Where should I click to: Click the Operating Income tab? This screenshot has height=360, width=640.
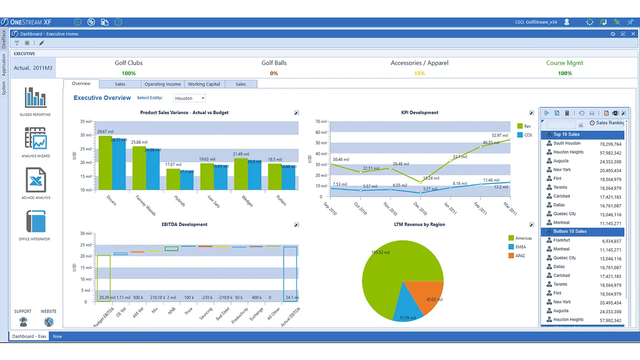(162, 84)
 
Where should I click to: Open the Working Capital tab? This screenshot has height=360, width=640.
(204, 84)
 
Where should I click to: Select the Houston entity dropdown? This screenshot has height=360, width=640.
(189, 98)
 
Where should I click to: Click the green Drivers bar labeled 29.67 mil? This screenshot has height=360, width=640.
(105, 162)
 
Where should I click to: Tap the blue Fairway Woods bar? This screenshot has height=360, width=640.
(152, 169)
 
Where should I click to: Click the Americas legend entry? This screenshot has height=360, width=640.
(523, 238)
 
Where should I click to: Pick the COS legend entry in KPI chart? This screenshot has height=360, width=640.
(527, 135)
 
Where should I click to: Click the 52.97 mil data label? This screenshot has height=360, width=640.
(499, 135)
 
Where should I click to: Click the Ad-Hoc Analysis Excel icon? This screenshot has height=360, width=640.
(35, 180)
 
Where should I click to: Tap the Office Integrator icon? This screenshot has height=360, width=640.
(35, 222)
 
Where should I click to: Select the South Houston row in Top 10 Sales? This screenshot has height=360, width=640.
(567, 143)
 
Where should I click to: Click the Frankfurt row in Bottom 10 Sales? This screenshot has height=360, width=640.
(561, 240)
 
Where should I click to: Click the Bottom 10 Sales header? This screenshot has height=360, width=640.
(570, 231)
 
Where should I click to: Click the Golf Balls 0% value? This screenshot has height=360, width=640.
(274, 73)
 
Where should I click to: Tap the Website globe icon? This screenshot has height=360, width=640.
(48, 321)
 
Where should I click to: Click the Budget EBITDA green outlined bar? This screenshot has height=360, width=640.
(103, 277)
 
